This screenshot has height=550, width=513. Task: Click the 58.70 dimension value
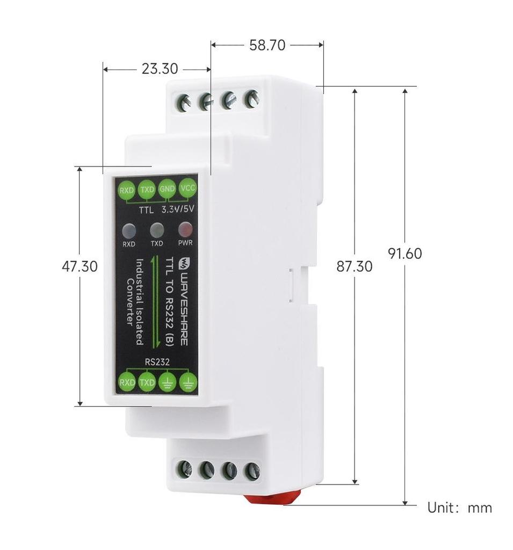(x=267, y=46)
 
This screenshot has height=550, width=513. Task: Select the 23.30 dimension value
(x=159, y=69)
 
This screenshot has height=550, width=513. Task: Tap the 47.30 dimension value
(x=80, y=266)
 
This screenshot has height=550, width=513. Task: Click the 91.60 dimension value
(x=405, y=254)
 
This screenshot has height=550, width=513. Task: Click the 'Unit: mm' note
(x=459, y=508)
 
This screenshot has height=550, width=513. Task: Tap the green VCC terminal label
(x=188, y=189)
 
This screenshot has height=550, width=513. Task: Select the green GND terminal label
(x=168, y=189)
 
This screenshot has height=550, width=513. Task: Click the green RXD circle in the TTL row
(x=127, y=190)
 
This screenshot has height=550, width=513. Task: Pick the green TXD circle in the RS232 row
(x=147, y=382)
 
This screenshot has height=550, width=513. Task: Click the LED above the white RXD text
(x=129, y=231)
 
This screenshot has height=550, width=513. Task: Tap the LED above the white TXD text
(x=157, y=230)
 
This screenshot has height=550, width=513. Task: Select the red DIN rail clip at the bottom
(x=272, y=497)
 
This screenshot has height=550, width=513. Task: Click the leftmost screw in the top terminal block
(x=184, y=103)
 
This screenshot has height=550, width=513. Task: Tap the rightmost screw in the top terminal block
(x=251, y=99)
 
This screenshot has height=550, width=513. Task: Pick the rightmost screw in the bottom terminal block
(x=251, y=472)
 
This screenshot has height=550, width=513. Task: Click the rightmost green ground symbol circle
(x=188, y=382)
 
